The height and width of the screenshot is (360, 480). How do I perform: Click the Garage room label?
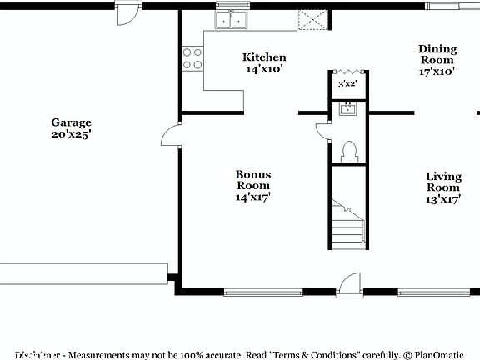tap(71, 122)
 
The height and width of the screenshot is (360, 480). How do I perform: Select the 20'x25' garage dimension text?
tap(71, 133)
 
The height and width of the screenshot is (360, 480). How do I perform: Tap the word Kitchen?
tap(264, 57)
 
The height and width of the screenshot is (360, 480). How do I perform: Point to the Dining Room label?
tap(437, 54)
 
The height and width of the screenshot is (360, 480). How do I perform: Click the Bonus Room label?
tap(252, 180)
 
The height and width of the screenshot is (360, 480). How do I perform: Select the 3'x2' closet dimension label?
tap(347, 85)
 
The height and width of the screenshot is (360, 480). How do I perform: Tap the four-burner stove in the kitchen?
tap(192, 58)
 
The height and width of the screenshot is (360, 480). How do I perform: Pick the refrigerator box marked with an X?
tap(314, 20)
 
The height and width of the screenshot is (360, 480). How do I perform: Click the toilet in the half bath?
tap(350, 151)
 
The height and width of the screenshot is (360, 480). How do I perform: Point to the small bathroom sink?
tap(347, 109)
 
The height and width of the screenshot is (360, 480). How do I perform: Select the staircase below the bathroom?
tap(347, 222)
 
